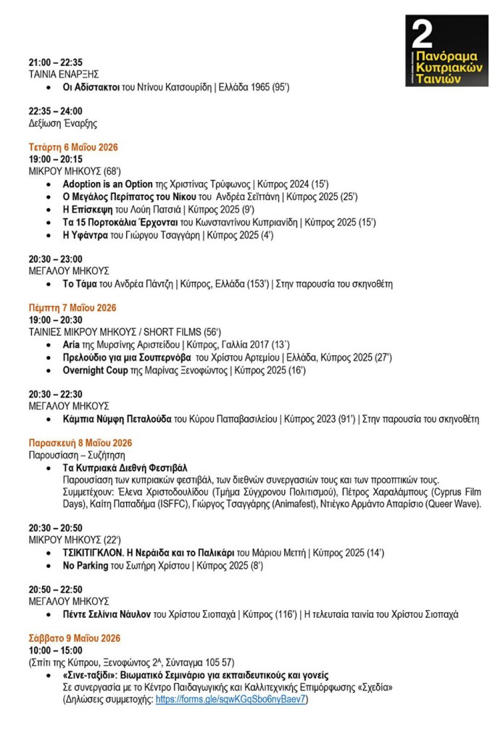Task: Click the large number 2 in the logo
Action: pyautogui.click(x=422, y=33)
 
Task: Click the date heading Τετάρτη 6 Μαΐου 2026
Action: pyautogui.click(x=73, y=147)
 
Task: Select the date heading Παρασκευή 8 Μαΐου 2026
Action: pyautogui.click(x=80, y=442)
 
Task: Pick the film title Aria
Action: pyautogui.click(x=71, y=345)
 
